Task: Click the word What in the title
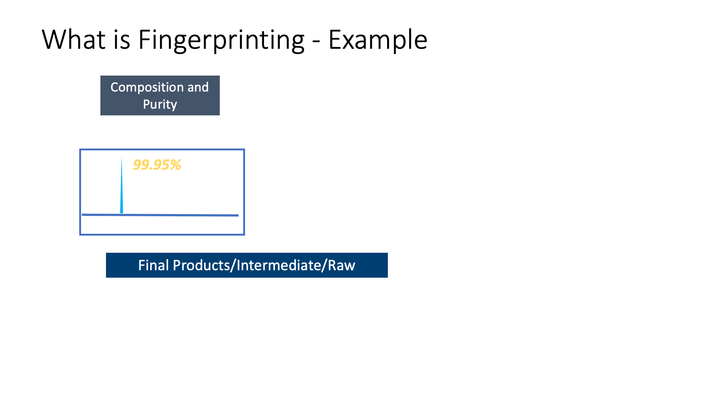[x=74, y=39]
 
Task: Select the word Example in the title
[x=378, y=41]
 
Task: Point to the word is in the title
[x=122, y=39]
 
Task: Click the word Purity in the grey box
[x=160, y=105]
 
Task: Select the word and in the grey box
[x=198, y=87]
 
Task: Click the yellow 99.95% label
[x=157, y=165]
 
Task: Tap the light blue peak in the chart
[x=122, y=190]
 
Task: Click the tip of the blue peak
[x=122, y=156]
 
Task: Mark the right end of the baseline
[x=238, y=215]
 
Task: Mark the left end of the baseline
[x=82, y=214]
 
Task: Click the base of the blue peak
[x=122, y=213]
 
